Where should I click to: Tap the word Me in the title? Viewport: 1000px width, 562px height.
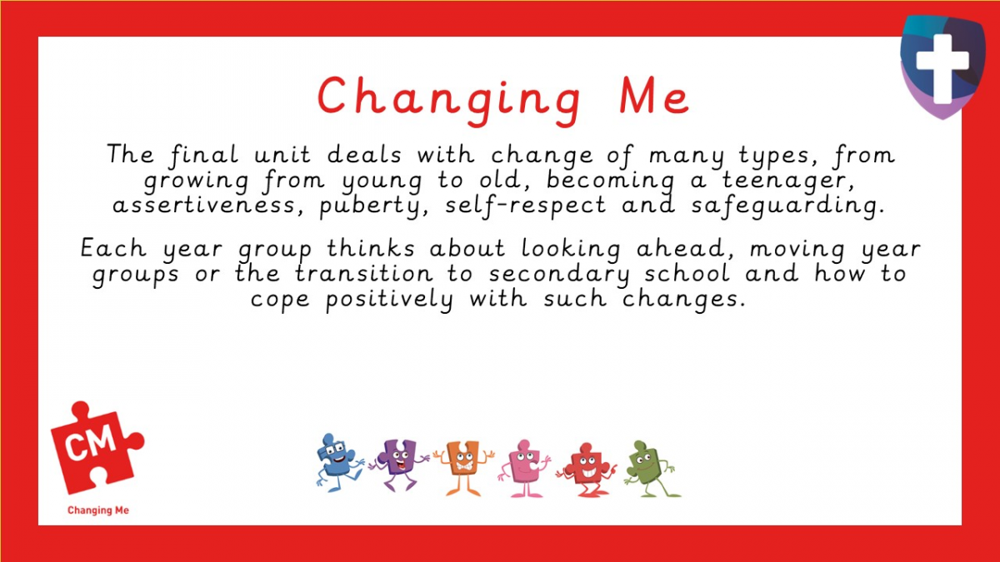coord(653,97)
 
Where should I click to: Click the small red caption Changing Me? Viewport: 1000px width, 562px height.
coord(98,510)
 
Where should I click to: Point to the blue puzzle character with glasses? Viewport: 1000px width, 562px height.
coord(338,461)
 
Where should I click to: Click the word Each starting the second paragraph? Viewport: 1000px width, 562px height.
coord(116,248)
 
